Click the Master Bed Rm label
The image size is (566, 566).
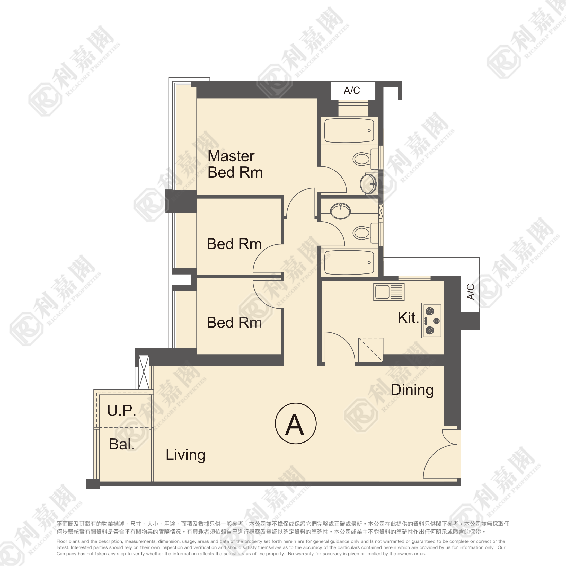235,164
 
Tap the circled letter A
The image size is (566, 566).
296,424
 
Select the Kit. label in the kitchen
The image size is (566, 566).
408,318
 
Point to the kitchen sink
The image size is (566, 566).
389,292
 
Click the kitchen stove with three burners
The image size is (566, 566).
432,321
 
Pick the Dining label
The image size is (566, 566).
412,390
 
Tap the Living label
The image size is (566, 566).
185,455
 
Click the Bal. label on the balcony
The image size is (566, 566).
122,444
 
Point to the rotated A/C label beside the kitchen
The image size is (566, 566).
470,291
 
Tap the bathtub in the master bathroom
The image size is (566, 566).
349,130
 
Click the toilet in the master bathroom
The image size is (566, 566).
363,159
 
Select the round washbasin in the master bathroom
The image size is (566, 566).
368,184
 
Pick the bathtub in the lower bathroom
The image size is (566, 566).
349,262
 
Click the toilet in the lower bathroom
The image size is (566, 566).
363,233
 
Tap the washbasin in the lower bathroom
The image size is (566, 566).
340,211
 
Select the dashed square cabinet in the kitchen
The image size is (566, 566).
370,349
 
